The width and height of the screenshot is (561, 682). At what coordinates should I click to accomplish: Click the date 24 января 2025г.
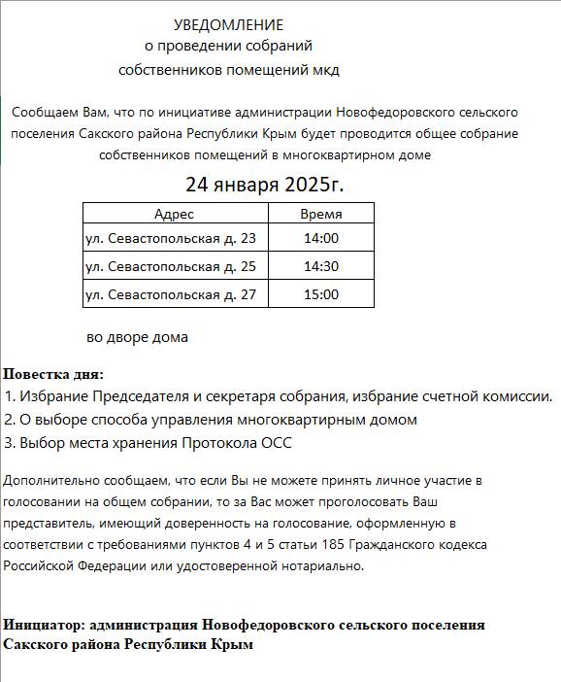(265, 185)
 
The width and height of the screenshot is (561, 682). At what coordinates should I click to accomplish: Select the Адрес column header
(174, 214)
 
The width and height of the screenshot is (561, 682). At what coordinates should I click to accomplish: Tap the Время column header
(320, 214)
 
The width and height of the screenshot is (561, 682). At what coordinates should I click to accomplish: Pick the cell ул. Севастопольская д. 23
(171, 238)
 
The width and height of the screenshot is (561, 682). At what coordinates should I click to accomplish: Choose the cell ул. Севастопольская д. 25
(171, 266)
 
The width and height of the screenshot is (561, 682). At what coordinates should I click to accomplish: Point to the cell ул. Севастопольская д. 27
(171, 294)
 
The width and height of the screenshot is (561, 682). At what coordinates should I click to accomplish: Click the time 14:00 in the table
(320, 238)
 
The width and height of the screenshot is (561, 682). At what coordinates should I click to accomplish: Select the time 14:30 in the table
(320, 266)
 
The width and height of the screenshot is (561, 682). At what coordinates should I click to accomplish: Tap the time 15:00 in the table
(320, 294)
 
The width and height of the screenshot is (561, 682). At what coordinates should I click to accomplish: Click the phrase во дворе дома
(137, 337)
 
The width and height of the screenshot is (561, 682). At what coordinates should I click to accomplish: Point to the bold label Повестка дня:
(53, 374)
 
